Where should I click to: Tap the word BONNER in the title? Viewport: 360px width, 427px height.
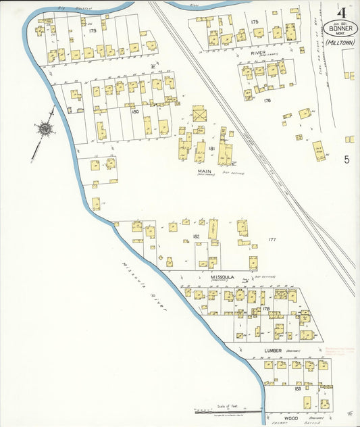coord(340,28)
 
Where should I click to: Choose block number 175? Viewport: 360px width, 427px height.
coord(255,22)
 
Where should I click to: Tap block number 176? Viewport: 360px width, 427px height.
coord(267,101)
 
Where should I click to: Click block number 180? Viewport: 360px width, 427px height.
coord(135,111)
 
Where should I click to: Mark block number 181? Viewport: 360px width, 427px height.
coord(211,148)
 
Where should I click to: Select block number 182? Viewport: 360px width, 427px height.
coord(196,236)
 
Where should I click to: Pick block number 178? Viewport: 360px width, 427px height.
coord(266,308)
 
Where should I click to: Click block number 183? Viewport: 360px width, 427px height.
coord(298,389)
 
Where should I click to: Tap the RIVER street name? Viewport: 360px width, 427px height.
coord(258,51)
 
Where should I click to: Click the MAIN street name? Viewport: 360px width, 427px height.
coord(205,171)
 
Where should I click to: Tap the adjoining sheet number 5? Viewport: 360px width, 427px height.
coord(346,159)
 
